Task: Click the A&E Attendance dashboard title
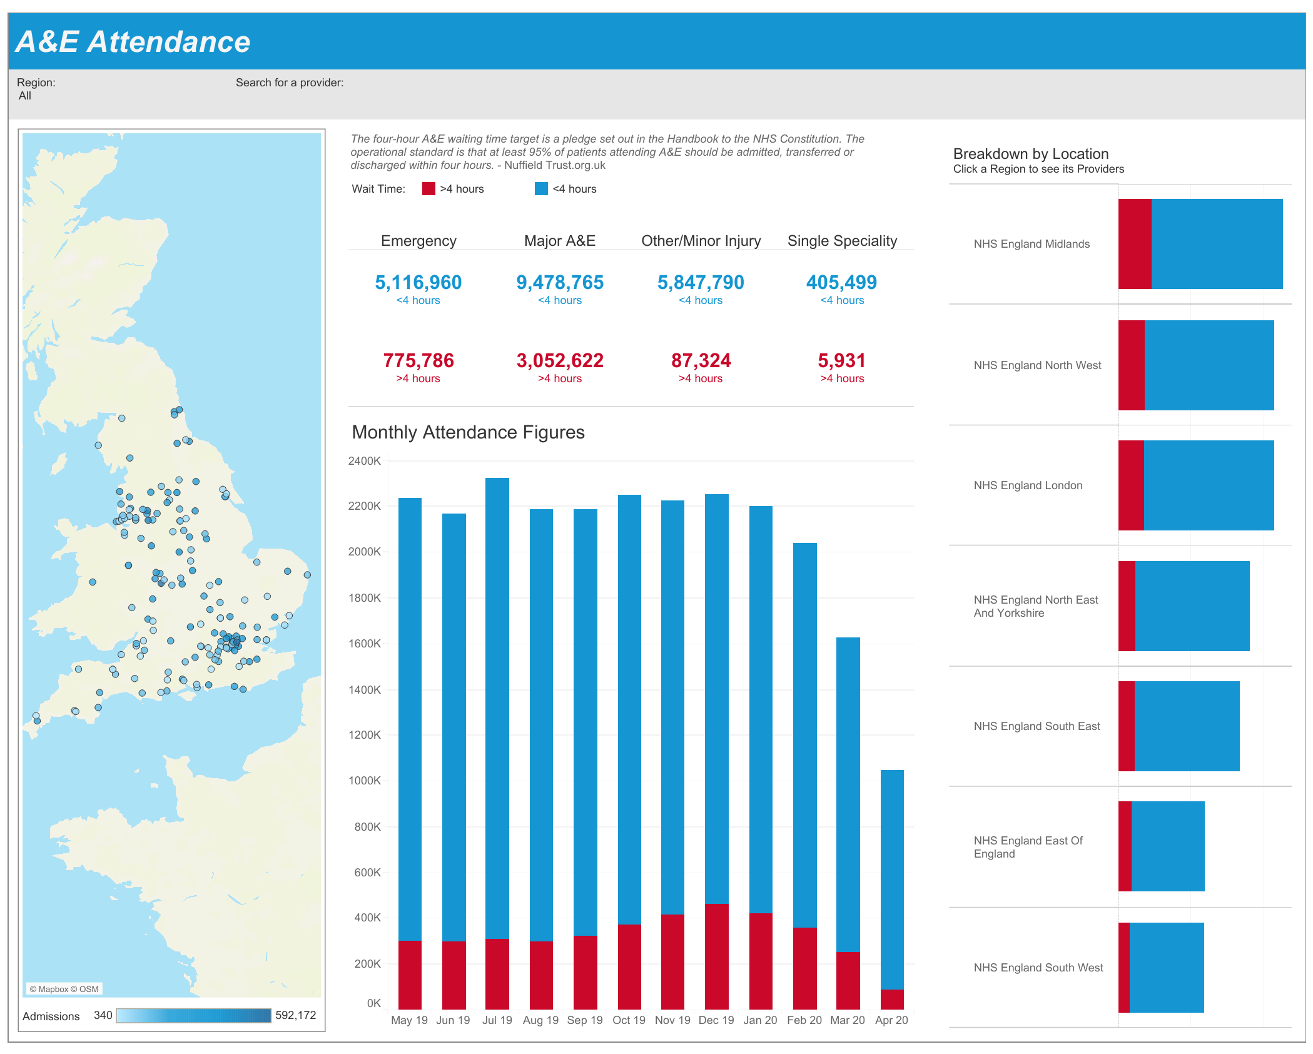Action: pos(133,42)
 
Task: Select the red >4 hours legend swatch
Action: pos(428,189)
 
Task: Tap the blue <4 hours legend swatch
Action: pos(541,189)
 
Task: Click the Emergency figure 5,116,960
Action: pos(418,282)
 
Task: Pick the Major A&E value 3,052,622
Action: pos(560,360)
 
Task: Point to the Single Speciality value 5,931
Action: pos(842,360)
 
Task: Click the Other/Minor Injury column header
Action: pos(701,241)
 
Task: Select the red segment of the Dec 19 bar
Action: pos(717,956)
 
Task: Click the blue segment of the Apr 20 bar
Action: pos(892,879)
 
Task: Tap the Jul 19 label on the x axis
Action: pos(497,1020)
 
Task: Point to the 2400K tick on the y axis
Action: pos(365,461)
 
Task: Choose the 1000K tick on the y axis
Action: pos(365,781)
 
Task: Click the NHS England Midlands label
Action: pos(1032,244)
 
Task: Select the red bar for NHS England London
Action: pos(1131,485)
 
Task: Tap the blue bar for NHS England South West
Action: pos(1167,968)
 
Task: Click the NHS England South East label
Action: pos(1037,726)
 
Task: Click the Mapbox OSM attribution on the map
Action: pos(64,989)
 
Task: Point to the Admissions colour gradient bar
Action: pos(194,1015)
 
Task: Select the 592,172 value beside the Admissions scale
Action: pos(296,1015)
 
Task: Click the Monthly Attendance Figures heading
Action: pos(469,432)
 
